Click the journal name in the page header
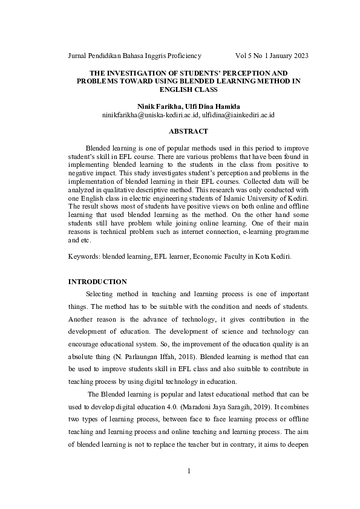(x=134, y=56)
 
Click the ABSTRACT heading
(x=188, y=131)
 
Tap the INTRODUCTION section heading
(x=97, y=282)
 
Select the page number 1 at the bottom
(x=188, y=471)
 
